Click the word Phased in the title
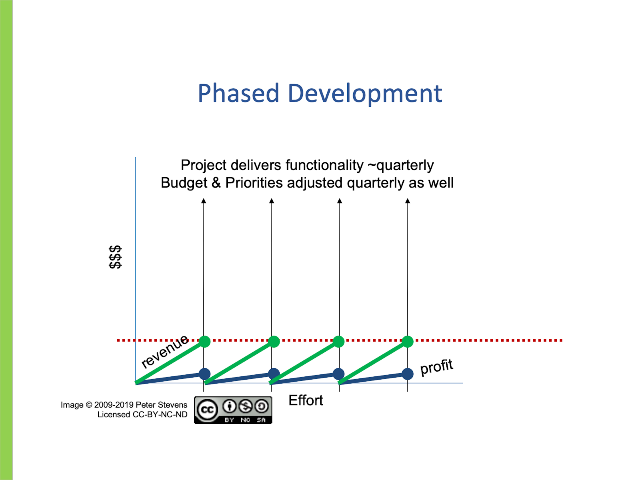click(x=238, y=94)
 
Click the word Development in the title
click(x=365, y=94)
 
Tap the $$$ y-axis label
click(x=115, y=257)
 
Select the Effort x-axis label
click(x=306, y=400)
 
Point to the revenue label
click(x=164, y=351)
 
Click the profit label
click(x=436, y=367)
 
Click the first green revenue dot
click(x=204, y=342)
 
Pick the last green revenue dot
click(x=407, y=342)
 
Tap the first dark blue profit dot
click(x=204, y=374)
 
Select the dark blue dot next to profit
click(x=407, y=374)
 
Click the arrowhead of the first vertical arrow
click(x=204, y=201)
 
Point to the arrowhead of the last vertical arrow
click(x=408, y=201)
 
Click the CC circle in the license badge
click(x=207, y=410)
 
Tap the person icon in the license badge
click(x=230, y=407)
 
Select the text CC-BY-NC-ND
click(x=160, y=415)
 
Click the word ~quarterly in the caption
click(x=400, y=165)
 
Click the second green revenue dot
click(x=274, y=342)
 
